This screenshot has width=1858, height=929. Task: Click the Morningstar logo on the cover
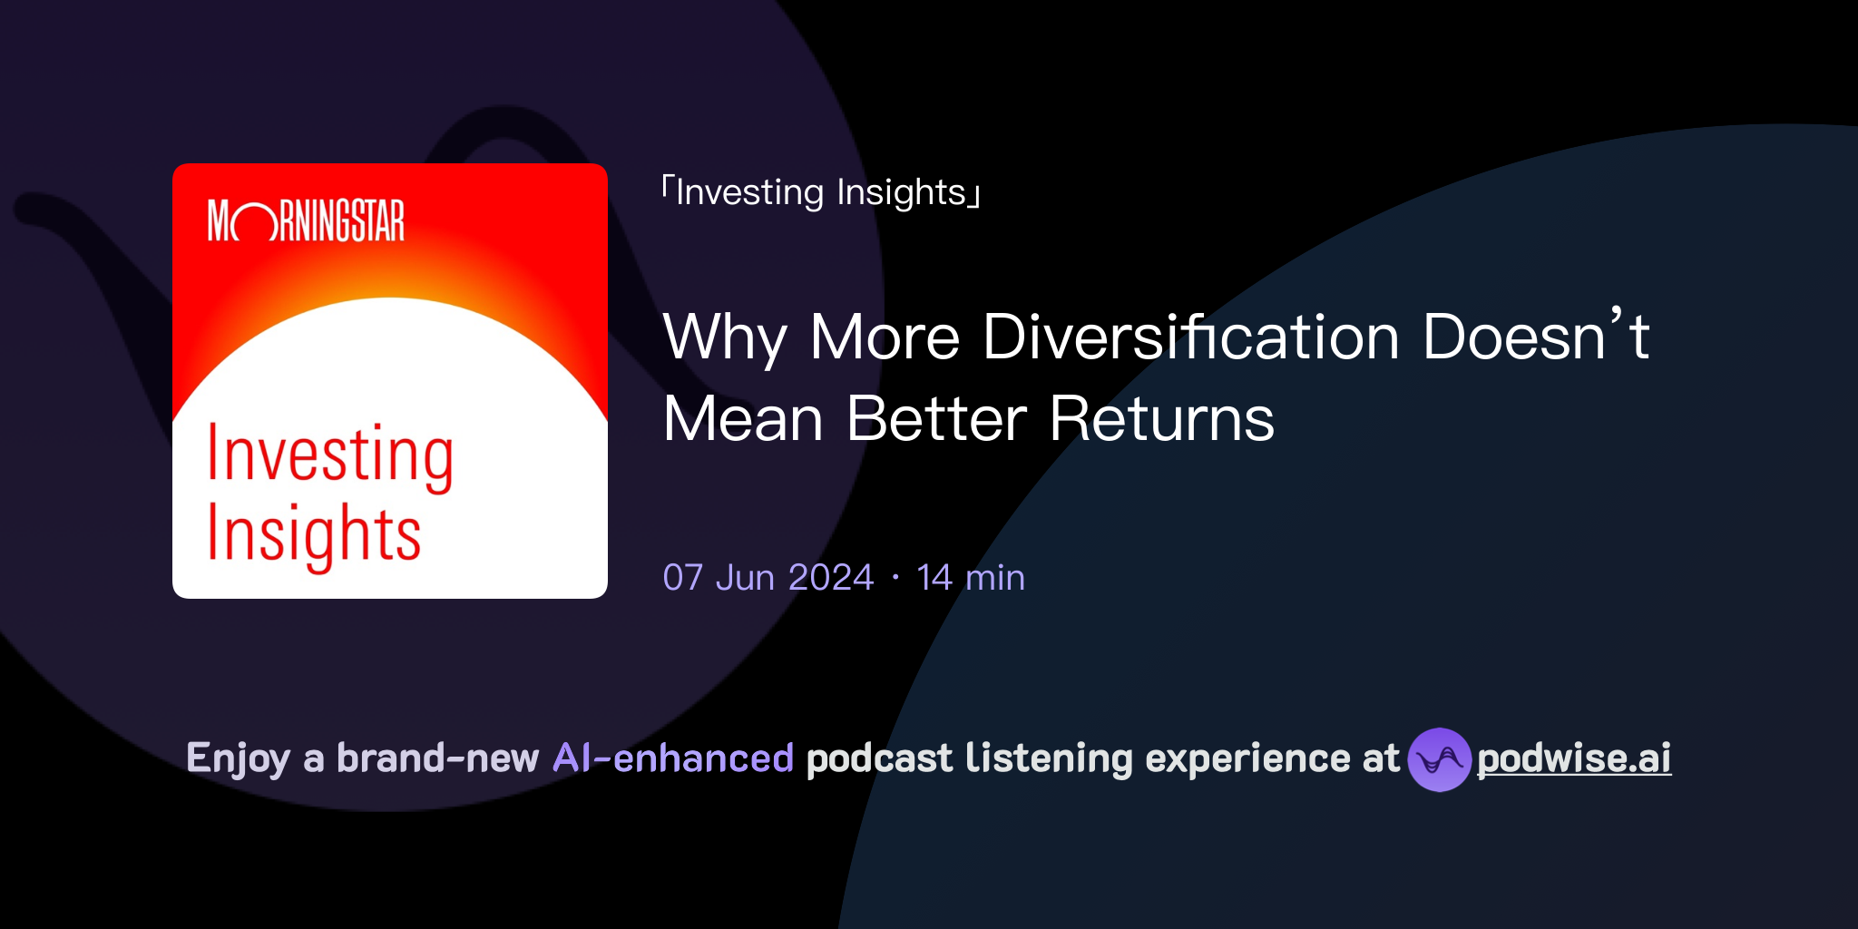[306, 221]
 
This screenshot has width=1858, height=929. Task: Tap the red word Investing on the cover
[330, 455]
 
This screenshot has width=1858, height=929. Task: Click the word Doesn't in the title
[1535, 337]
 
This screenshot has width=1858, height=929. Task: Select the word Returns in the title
[1161, 419]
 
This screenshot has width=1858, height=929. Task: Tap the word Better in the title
[936, 419]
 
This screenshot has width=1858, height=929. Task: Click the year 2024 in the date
[831, 578]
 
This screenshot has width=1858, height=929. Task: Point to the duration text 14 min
[971, 578]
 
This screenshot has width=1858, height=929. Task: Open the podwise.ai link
[1574, 758]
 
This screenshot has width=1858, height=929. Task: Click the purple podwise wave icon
[1439, 759]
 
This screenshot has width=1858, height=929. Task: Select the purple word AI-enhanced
[673, 758]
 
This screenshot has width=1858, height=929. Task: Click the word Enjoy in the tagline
[238, 758]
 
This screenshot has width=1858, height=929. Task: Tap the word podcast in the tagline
[879, 758]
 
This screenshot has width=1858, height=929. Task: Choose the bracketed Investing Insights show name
[821, 192]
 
